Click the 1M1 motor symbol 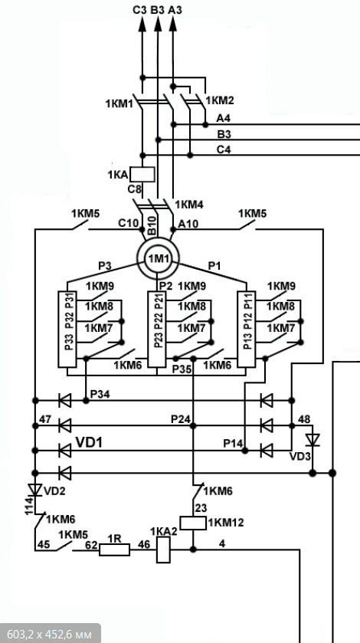coord(158,259)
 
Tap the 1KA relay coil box coord(142,174)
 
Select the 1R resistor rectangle coord(114,550)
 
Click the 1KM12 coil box coord(193,523)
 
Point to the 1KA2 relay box coord(164,550)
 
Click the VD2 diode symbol coord(35,490)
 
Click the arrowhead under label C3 coord(142,25)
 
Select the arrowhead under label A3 coord(173,25)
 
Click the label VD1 coord(89,441)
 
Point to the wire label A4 coord(224,119)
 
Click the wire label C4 coord(224,149)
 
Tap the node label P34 coord(100,395)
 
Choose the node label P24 coord(181,419)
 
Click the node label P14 coord(233,444)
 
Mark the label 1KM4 coord(188,204)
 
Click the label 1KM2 coord(220,100)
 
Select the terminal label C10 coord(129,224)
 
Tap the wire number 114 coord(29,505)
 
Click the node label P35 coord(182,369)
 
